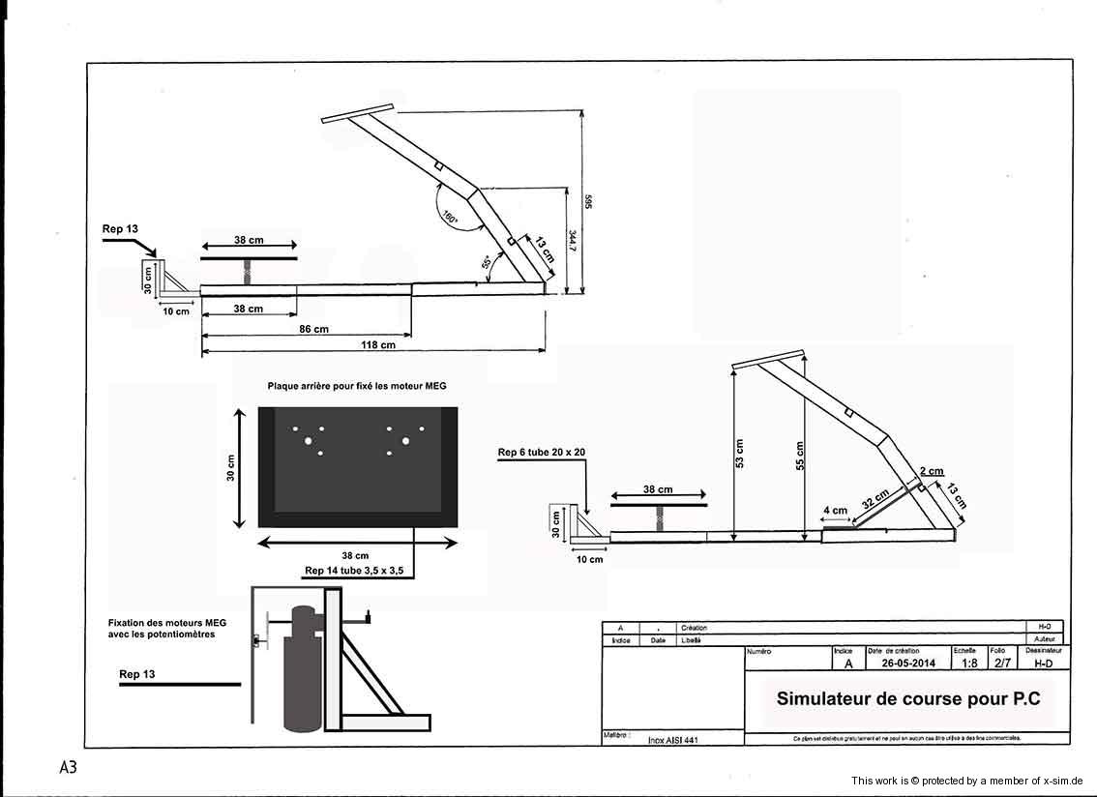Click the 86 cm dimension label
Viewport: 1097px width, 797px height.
coord(314,329)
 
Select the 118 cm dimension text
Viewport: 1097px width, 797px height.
coord(378,344)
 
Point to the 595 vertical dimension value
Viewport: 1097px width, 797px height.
coord(587,202)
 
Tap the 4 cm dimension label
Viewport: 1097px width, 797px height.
coord(834,511)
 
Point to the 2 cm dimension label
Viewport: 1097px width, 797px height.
coord(932,472)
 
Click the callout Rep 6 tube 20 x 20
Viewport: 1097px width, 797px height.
coord(542,452)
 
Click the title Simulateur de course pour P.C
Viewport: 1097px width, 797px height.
coord(908,698)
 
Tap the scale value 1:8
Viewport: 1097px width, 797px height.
coord(968,664)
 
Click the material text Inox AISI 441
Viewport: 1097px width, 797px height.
coord(673,739)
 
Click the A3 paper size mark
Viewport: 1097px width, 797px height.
coord(68,767)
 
